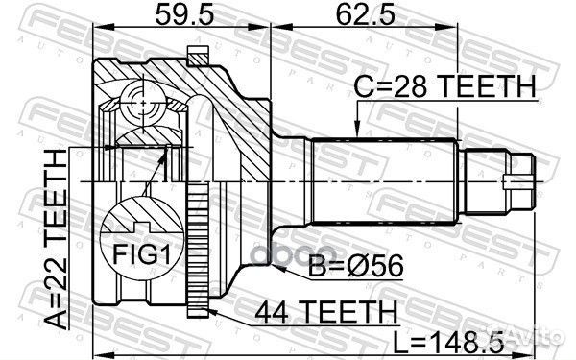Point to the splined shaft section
(384, 181)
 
